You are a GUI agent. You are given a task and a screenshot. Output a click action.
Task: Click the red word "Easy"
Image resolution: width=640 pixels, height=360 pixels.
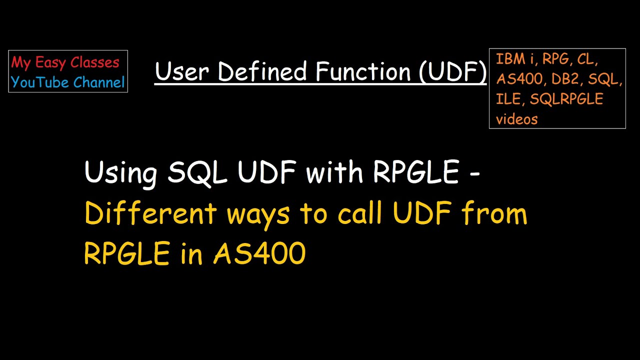point(51,63)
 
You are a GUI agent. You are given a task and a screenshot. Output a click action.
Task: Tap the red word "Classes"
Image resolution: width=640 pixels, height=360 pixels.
point(95,62)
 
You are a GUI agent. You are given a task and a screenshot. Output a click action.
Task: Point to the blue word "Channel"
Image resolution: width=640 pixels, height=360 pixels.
point(99,82)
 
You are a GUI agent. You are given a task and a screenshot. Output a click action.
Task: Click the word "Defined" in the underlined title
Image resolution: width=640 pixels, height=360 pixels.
point(262,71)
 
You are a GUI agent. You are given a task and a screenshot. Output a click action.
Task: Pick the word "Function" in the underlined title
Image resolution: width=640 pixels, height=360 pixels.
point(363,71)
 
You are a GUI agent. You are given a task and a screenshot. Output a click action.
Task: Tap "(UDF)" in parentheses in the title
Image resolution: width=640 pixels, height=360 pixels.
point(453,71)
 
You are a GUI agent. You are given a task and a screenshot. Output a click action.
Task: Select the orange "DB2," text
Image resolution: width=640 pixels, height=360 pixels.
point(567,79)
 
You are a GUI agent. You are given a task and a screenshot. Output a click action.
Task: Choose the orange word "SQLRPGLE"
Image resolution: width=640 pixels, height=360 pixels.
point(566,99)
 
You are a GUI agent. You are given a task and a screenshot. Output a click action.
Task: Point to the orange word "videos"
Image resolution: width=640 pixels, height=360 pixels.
point(517,119)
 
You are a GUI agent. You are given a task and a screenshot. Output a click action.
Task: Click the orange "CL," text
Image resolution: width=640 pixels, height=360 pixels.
point(587,59)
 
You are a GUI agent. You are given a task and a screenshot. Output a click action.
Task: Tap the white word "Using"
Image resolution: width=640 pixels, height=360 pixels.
point(120,173)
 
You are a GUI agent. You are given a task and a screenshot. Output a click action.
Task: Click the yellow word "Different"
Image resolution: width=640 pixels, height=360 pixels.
point(150,212)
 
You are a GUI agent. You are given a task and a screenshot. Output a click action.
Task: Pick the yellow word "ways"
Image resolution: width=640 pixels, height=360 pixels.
point(258,216)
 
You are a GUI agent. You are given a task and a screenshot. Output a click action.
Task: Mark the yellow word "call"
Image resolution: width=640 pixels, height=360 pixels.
point(360,212)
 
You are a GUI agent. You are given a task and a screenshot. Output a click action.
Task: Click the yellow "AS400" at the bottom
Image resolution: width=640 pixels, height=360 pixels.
point(259,253)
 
